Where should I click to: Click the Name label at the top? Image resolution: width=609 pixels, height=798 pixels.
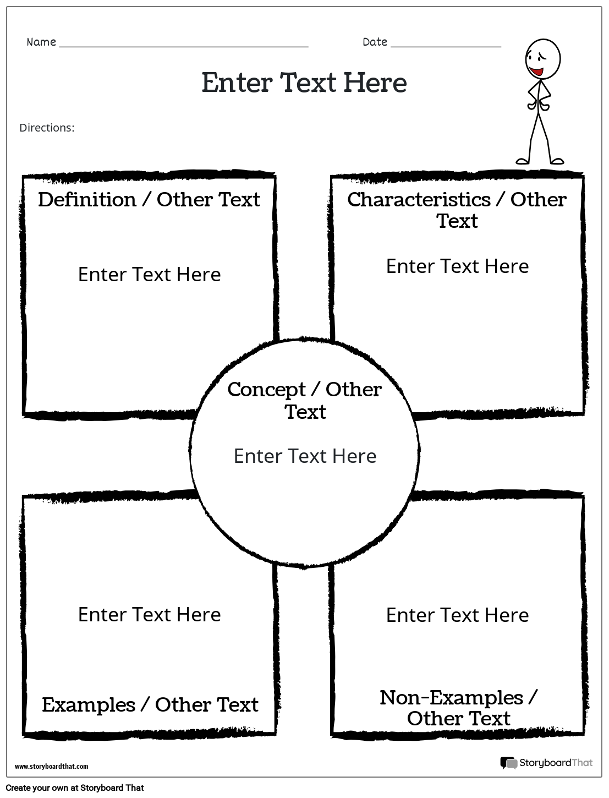click(41, 42)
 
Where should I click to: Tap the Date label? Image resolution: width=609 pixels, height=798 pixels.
click(375, 42)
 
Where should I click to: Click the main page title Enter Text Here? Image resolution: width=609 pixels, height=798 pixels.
click(304, 83)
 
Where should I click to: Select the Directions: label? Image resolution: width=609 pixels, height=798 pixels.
click(47, 128)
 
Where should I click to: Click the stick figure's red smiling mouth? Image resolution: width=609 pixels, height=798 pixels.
click(535, 72)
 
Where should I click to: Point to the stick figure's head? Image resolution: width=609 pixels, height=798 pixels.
click(542, 58)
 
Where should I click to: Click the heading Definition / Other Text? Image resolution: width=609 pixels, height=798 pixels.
click(149, 199)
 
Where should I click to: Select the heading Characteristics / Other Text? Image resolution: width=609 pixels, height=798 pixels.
click(457, 210)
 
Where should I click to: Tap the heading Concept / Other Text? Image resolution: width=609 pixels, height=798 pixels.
click(304, 400)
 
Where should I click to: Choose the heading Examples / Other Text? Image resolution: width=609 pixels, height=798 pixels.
click(150, 704)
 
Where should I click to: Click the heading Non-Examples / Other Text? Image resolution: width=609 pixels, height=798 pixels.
click(458, 707)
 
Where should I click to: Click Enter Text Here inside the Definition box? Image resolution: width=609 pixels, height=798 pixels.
click(149, 274)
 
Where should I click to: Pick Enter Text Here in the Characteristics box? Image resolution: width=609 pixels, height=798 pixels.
click(457, 266)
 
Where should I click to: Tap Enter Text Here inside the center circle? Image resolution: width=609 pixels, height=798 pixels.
click(305, 456)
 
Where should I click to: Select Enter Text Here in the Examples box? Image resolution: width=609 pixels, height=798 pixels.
click(149, 614)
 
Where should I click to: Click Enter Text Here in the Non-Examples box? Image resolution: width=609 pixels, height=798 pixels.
click(457, 615)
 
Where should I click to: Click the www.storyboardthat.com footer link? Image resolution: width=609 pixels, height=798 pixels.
click(51, 766)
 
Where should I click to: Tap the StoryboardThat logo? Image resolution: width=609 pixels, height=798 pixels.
click(546, 763)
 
